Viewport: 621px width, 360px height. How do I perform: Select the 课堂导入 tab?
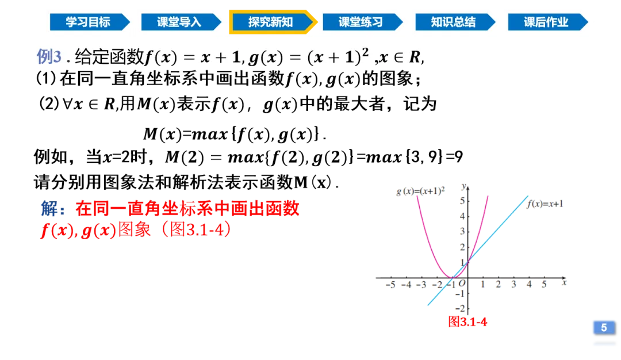(179, 22)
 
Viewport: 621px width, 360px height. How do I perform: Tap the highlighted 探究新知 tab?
(271, 22)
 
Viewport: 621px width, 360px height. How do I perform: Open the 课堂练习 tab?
(361, 22)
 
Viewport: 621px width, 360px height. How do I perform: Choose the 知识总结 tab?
(453, 22)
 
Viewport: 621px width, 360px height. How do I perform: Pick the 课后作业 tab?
(546, 22)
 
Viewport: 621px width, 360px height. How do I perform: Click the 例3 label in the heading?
(48, 56)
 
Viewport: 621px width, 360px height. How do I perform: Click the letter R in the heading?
(415, 57)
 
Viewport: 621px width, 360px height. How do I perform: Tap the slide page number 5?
(604, 328)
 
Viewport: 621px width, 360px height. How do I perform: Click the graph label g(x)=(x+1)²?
(421, 192)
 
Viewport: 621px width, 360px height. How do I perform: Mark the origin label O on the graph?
(463, 284)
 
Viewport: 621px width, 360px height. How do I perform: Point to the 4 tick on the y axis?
(462, 216)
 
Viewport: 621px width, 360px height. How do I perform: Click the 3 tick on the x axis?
(513, 284)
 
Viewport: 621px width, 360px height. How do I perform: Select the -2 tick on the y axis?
(461, 308)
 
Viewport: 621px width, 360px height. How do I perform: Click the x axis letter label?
(565, 281)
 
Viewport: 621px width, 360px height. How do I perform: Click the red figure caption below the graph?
(467, 321)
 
